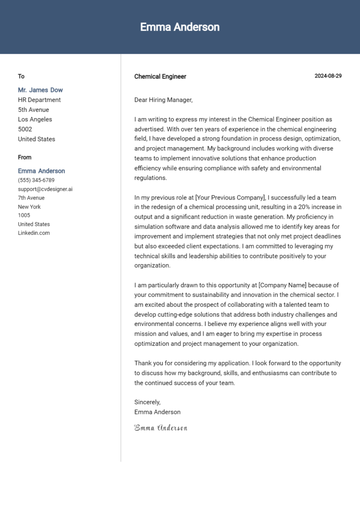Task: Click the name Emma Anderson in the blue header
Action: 180,27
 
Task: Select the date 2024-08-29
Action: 328,76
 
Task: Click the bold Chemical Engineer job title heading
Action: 160,76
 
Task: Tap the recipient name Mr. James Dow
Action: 40,90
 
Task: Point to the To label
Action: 21,76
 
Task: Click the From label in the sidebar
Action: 25,157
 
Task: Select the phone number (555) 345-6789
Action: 36,180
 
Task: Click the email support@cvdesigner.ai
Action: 45,189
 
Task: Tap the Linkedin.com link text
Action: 34,233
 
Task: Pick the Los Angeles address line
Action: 35,119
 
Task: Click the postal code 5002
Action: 25,129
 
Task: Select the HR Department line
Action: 39,100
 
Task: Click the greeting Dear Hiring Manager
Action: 163,100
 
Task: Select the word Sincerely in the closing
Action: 147,402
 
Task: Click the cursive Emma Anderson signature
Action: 161,428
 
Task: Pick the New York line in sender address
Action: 29,207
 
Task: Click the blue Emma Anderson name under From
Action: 41,171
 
